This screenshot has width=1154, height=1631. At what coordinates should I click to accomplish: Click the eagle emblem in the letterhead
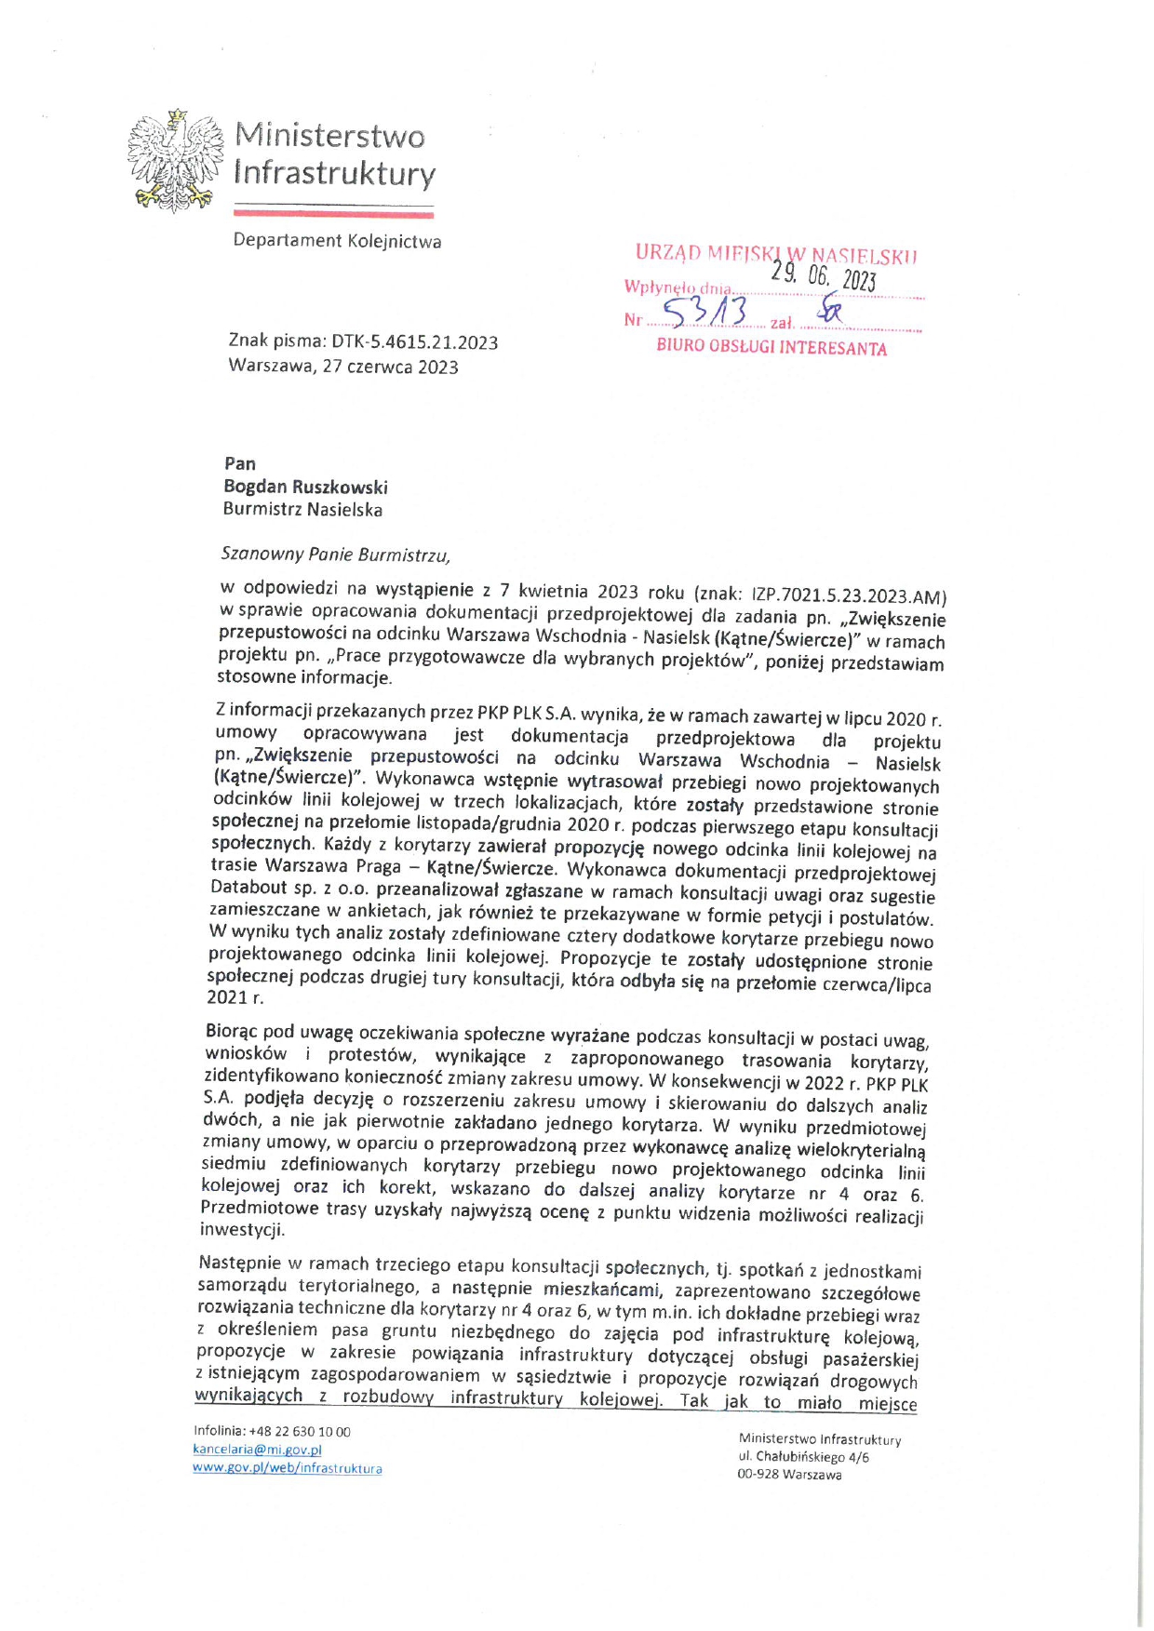175,160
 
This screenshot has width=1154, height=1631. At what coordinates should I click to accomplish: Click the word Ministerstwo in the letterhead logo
329,136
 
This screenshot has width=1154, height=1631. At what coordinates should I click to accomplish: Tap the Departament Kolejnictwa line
337,241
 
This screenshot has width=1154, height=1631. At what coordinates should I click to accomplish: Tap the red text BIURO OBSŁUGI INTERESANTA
772,348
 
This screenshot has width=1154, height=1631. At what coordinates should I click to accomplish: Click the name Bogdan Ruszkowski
305,487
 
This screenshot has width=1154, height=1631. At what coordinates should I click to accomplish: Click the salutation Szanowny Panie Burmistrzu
335,555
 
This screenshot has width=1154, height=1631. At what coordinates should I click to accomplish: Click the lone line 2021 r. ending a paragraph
235,997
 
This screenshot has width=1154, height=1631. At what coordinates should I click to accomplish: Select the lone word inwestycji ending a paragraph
243,1229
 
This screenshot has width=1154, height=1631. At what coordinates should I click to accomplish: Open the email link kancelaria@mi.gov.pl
257,1450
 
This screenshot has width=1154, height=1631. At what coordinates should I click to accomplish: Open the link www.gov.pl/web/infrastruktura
287,1468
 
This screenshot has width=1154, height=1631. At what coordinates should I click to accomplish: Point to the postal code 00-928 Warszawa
789,1475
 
